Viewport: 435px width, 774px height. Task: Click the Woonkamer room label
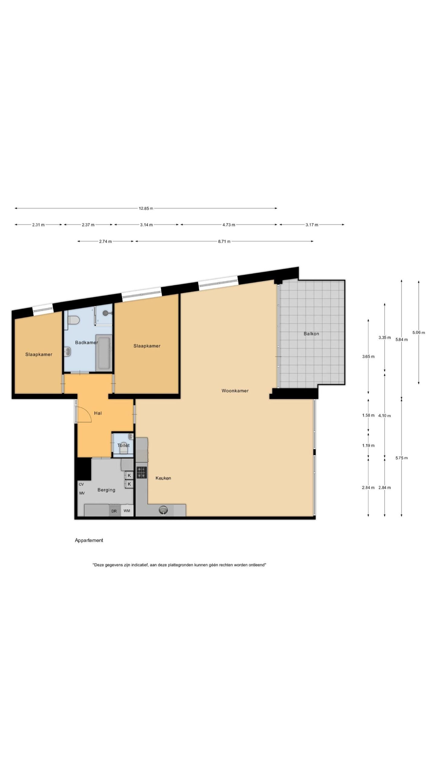[x=235, y=391]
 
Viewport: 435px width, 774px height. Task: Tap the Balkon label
[x=311, y=334]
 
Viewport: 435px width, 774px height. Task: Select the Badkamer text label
[x=86, y=343]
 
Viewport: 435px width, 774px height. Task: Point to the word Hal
[x=98, y=413]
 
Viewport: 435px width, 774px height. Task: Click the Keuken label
[x=163, y=478]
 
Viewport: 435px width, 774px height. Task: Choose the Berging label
[x=106, y=490]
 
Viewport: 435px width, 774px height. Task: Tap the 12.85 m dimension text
[x=146, y=208]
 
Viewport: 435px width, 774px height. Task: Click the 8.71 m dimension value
[x=224, y=241]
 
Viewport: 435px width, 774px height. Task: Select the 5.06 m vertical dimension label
[x=419, y=333]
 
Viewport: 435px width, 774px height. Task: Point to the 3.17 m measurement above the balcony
[x=312, y=225]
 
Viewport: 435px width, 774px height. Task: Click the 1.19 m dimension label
[x=368, y=445]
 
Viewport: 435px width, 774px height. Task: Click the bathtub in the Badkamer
[x=104, y=353]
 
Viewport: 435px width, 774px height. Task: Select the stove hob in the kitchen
[x=141, y=473]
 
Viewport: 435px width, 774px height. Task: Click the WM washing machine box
[x=127, y=511]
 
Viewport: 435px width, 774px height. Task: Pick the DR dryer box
[x=114, y=511]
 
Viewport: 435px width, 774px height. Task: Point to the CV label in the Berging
[x=81, y=484]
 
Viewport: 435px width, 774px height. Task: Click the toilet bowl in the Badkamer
[x=73, y=320]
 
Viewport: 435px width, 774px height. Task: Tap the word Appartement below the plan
[x=89, y=540]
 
